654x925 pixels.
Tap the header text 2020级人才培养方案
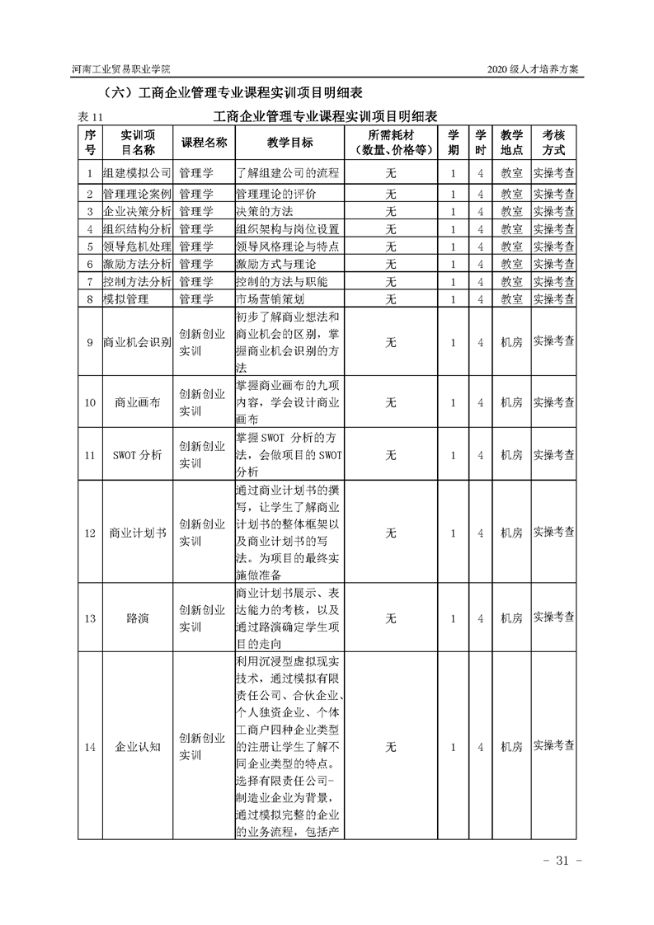coord(535,68)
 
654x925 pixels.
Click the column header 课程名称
coord(204,143)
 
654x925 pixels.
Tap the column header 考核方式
coord(553,143)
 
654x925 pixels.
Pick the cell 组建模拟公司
coord(136,173)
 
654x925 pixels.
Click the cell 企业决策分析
coord(136,212)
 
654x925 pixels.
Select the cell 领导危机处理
coord(136,247)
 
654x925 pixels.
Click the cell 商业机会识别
coord(136,341)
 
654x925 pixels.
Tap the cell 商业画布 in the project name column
coord(136,402)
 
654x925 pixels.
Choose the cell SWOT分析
coord(136,454)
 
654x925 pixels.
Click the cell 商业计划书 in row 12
coord(136,533)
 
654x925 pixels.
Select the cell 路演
coord(136,618)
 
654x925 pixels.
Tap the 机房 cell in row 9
coord(511,341)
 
